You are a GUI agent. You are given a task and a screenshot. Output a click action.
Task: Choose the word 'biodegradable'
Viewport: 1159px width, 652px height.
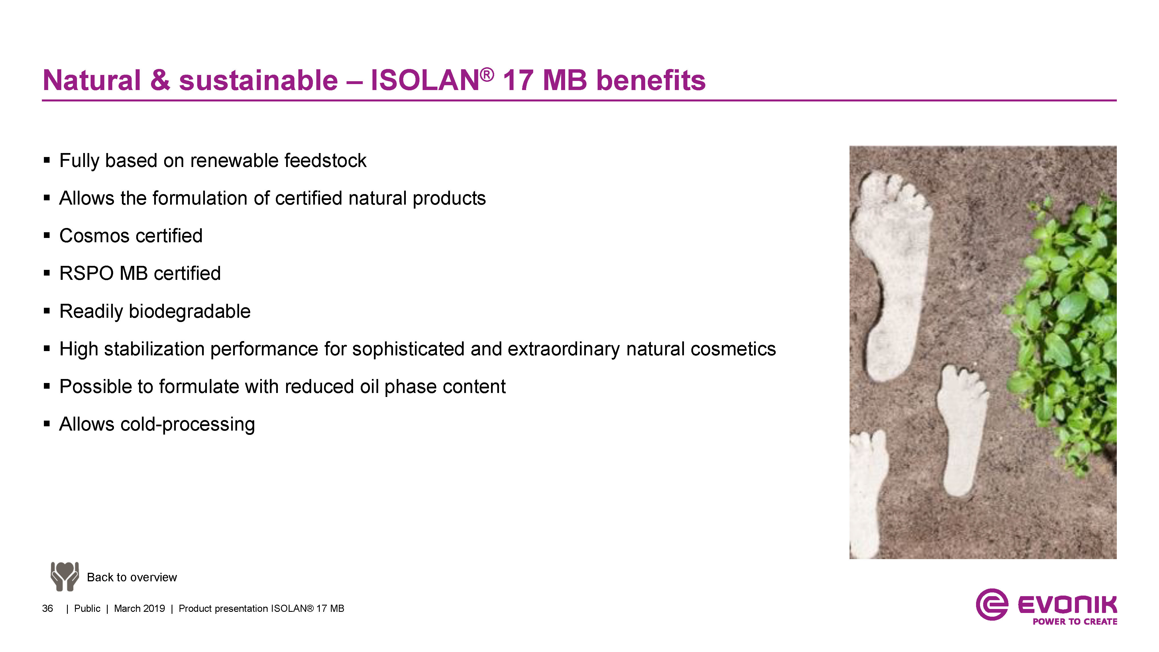(x=190, y=311)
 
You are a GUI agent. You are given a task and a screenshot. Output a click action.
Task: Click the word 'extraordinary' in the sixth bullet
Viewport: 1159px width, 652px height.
(x=564, y=349)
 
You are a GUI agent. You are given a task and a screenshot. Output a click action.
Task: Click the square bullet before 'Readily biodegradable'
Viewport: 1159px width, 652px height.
(x=47, y=311)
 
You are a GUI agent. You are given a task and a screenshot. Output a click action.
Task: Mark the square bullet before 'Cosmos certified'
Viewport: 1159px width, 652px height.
(x=47, y=235)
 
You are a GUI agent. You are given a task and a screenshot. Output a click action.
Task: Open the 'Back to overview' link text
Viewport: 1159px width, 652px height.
(x=132, y=577)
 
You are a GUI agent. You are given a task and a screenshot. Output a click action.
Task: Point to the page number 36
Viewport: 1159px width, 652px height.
(x=47, y=609)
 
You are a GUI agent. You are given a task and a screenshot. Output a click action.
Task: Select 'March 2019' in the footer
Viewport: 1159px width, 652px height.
(x=139, y=609)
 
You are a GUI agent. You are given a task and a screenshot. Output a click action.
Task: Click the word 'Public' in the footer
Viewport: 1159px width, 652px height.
(x=87, y=609)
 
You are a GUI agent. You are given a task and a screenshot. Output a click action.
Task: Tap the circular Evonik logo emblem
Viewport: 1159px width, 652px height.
(x=992, y=604)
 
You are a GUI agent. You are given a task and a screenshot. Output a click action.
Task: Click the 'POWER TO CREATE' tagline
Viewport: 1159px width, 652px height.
(x=1075, y=622)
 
